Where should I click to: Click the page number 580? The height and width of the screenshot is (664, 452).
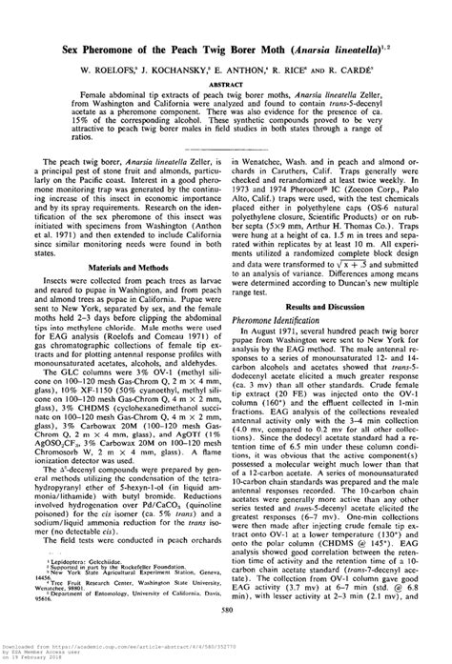point(226,636)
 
